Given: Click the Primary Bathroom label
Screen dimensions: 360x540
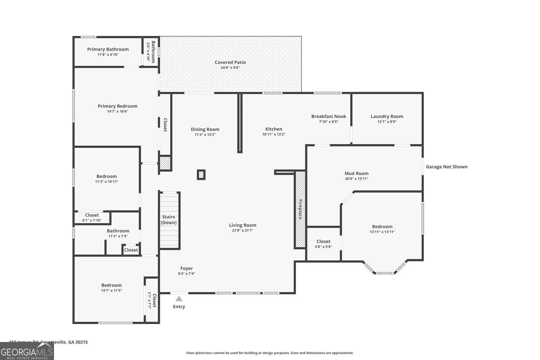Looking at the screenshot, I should click(108, 49).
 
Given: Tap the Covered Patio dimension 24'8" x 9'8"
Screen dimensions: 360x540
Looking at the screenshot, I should click(230, 68).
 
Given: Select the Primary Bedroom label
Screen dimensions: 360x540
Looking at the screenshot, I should click(117, 106).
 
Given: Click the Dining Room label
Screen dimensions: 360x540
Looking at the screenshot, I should click(205, 129).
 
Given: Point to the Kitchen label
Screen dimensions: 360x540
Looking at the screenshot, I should click(274, 129).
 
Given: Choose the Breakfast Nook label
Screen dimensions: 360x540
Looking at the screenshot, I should click(328, 116).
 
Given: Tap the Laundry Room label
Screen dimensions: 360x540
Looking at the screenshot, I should click(387, 116).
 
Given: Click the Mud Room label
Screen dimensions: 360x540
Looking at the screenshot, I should click(356, 174).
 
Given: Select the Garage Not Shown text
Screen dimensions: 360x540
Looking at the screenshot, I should click(446, 167).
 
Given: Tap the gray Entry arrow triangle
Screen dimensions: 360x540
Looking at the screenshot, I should click(179, 298).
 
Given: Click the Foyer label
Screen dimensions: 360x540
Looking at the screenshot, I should click(186, 268).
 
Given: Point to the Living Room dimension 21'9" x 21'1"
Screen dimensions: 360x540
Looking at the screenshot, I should click(243, 230).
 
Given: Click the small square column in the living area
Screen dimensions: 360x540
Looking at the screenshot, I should click(201, 175).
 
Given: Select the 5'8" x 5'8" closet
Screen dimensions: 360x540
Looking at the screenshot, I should click(323, 244).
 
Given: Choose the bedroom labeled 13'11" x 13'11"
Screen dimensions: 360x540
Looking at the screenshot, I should click(382, 229).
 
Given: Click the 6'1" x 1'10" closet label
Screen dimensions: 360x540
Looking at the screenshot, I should click(92, 215).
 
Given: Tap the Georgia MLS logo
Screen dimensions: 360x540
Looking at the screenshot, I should click(27, 351).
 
